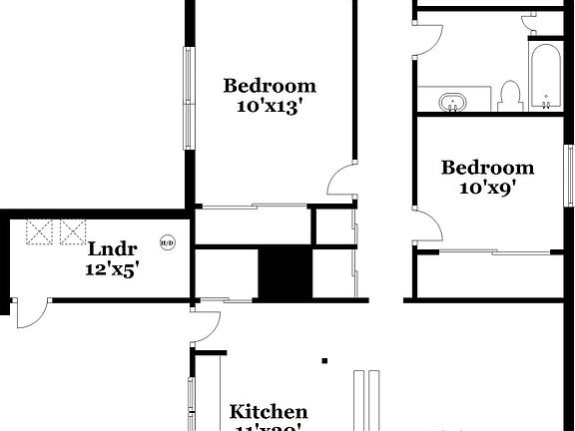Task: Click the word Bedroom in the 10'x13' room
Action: pos(270,86)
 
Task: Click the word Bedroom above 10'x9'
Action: pos(488,168)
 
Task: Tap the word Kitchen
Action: pos(269,411)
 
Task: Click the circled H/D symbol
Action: pos(168,242)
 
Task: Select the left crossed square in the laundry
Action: pos(40,232)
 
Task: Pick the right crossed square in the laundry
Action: pos(73,232)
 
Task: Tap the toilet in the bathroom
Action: pos(510,96)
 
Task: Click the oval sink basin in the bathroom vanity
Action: pos(452,102)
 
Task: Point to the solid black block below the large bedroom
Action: pos(285,272)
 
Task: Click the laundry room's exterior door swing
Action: pos(31,315)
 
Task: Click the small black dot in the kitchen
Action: pos(324,360)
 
